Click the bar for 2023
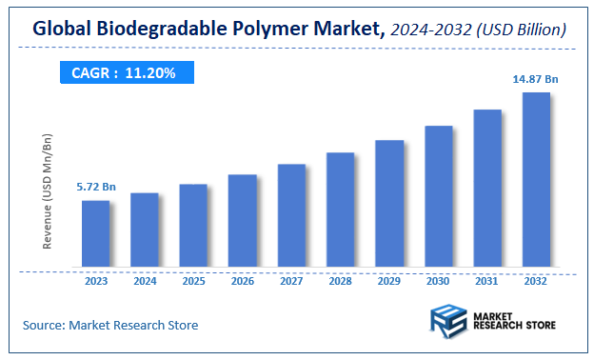point(95,234)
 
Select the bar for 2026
point(243,221)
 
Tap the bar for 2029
point(389,204)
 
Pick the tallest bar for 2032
point(536,180)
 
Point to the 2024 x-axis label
point(145,281)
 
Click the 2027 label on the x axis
point(291,281)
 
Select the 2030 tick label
point(438,281)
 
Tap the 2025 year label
point(193,281)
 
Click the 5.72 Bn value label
point(96,188)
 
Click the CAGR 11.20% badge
point(124,73)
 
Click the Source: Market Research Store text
point(110,326)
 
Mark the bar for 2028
point(341,210)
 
